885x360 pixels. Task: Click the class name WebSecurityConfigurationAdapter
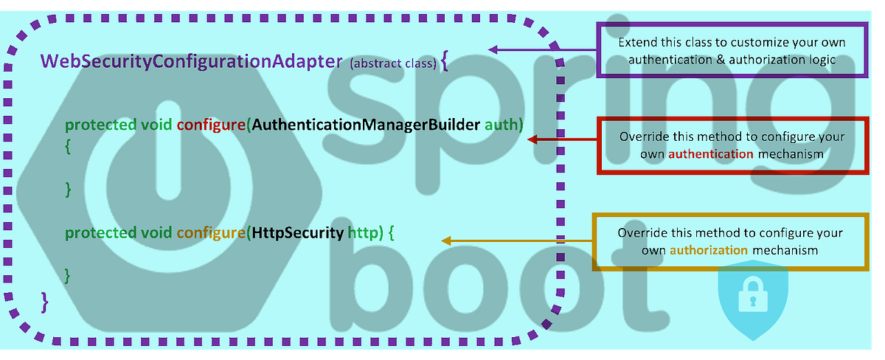point(192,61)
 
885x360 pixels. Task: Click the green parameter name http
point(364,234)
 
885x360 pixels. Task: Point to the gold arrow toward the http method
point(516,240)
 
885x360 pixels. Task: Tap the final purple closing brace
point(45,300)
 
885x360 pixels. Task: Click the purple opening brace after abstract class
point(443,63)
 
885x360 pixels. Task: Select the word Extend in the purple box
point(636,43)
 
